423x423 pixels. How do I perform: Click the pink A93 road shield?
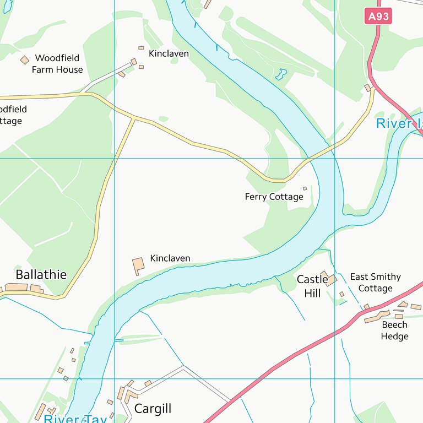(x=378, y=16)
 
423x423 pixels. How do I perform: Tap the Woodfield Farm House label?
(x=57, y=64)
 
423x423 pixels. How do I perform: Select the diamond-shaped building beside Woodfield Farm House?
(x=24, y=59)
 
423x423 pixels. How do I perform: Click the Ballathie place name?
(x=41, y=274)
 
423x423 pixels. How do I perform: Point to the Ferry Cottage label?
(x=274, y=197)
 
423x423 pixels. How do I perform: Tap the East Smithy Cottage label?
(x=375, y=283)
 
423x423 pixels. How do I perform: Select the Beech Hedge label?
(x=394, y=330)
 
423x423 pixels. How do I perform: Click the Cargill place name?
(x=153, y=409)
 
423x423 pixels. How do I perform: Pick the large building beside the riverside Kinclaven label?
(x=138, y=265)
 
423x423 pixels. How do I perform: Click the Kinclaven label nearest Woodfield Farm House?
(x=169, y=53)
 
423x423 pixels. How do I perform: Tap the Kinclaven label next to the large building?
(x=170, y=258)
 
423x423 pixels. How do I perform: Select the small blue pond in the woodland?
(x=282, y=73)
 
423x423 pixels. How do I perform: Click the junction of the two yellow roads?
(x=134, y=118)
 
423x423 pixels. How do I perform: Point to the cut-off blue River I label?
(x=398, y=123)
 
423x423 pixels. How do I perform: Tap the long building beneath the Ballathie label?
(x=17, y=288)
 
